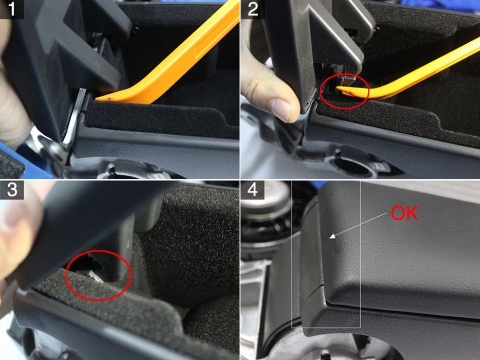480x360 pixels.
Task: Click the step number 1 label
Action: click(x=11, y=9)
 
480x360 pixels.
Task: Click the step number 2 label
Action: click(x=252, y=9)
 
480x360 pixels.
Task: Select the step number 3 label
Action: click(x=11, y=190)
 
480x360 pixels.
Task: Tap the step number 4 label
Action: click(x=252, y=190)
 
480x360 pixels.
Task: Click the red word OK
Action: click(x=404, y=213)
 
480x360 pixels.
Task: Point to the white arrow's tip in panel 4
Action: click(x=330, y=238)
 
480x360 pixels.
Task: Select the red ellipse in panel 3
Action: click(x=98, y=275)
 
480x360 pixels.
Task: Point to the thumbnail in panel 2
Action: click(x=280, y=110)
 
